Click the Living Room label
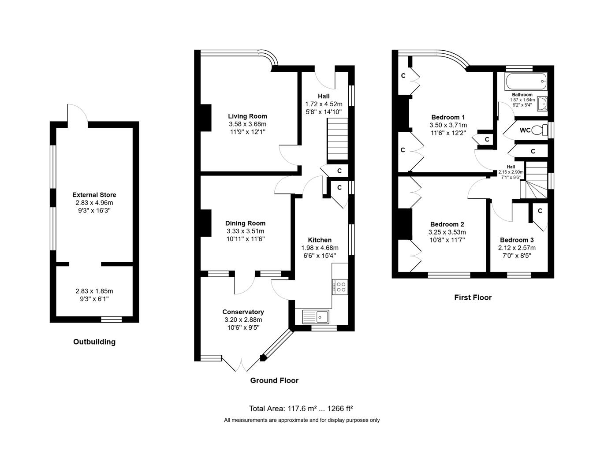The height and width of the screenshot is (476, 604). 247,116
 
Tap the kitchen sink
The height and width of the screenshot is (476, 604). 316,317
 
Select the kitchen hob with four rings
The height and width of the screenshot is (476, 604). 340,287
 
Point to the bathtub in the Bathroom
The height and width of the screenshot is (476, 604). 526,82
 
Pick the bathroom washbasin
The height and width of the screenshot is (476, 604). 542,104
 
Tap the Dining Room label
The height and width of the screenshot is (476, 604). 245,223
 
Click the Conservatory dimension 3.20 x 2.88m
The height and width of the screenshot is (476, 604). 243,320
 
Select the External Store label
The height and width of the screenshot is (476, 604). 94,195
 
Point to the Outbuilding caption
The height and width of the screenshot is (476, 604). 94,342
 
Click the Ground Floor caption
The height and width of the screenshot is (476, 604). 274,380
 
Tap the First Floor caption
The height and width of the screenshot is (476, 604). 473,297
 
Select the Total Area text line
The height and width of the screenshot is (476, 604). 301,409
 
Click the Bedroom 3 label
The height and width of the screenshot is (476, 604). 517,240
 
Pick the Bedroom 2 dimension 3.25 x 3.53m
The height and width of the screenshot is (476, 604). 447,232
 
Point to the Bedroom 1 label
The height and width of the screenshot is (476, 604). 448,117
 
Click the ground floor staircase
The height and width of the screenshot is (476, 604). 338,139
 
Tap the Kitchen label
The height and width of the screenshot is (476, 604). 320,240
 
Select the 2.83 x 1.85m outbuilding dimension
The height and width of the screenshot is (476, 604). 94,291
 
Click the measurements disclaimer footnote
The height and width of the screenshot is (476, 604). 302,420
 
